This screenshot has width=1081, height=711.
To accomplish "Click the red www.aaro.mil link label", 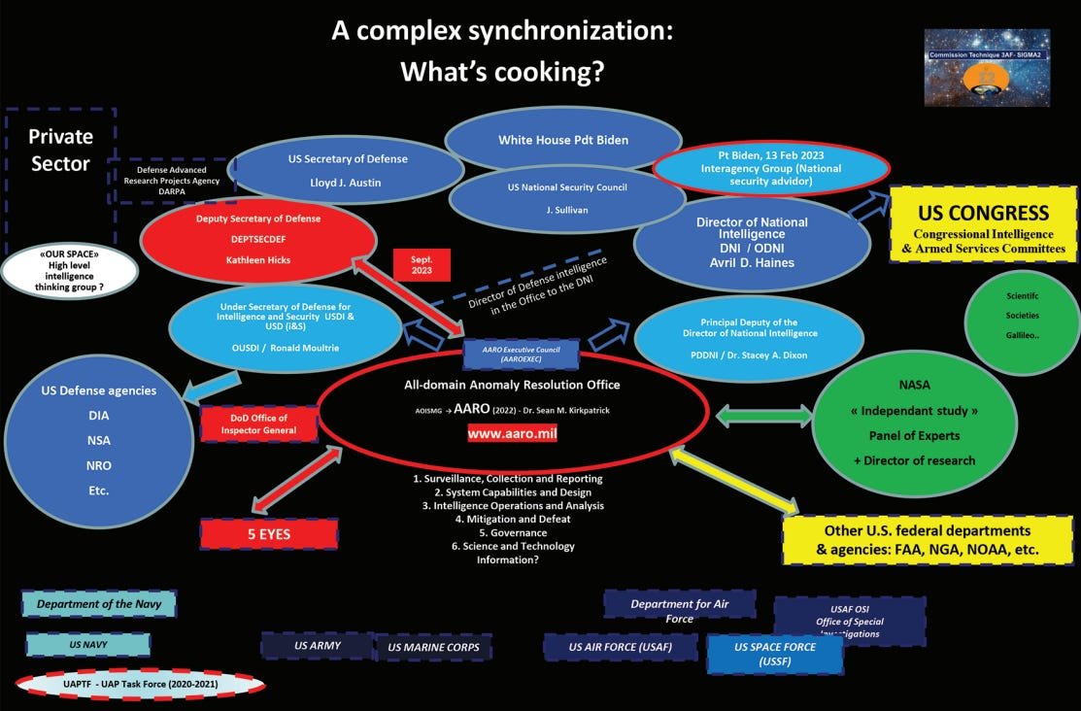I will (512, 433).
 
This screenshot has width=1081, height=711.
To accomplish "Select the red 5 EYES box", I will (268, 533).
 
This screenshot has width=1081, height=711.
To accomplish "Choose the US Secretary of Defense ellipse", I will (347, 171).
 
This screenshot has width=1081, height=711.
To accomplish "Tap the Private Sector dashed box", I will (60, 151).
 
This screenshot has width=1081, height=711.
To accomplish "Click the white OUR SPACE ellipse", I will (69, 271).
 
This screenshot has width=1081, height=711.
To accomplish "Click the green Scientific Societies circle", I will (1022, 315).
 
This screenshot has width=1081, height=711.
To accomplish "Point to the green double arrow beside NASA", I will (763, 416).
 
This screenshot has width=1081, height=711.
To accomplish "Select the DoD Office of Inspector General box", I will (259, 423).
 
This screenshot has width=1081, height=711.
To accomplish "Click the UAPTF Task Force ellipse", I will (140, 684).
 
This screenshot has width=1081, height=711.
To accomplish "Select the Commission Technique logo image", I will (999, 67).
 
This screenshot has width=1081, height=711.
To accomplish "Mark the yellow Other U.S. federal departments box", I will (928, 540).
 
